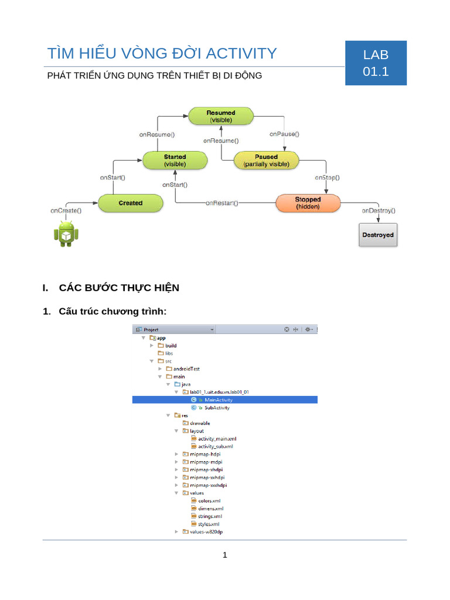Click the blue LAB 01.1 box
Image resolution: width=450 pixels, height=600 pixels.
376,63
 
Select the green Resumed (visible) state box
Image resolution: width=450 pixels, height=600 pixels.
220,116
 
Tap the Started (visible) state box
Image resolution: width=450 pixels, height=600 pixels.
175,161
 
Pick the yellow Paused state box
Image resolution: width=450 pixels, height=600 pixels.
266,161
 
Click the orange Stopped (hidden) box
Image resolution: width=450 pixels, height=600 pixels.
307,203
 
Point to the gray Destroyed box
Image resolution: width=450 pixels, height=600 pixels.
377,235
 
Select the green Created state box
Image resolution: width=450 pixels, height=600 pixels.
130,203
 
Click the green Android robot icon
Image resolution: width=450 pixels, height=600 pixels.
66,234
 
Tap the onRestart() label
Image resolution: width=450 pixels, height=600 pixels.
222,203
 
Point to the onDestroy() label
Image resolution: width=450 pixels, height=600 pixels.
378,210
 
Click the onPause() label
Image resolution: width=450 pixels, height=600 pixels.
284,134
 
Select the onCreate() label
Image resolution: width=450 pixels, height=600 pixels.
66,210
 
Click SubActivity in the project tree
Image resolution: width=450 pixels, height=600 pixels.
217,407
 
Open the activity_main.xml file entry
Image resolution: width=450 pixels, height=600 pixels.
217,438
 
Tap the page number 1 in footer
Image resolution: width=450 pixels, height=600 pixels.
224,555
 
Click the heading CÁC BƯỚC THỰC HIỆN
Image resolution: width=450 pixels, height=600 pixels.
119,288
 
